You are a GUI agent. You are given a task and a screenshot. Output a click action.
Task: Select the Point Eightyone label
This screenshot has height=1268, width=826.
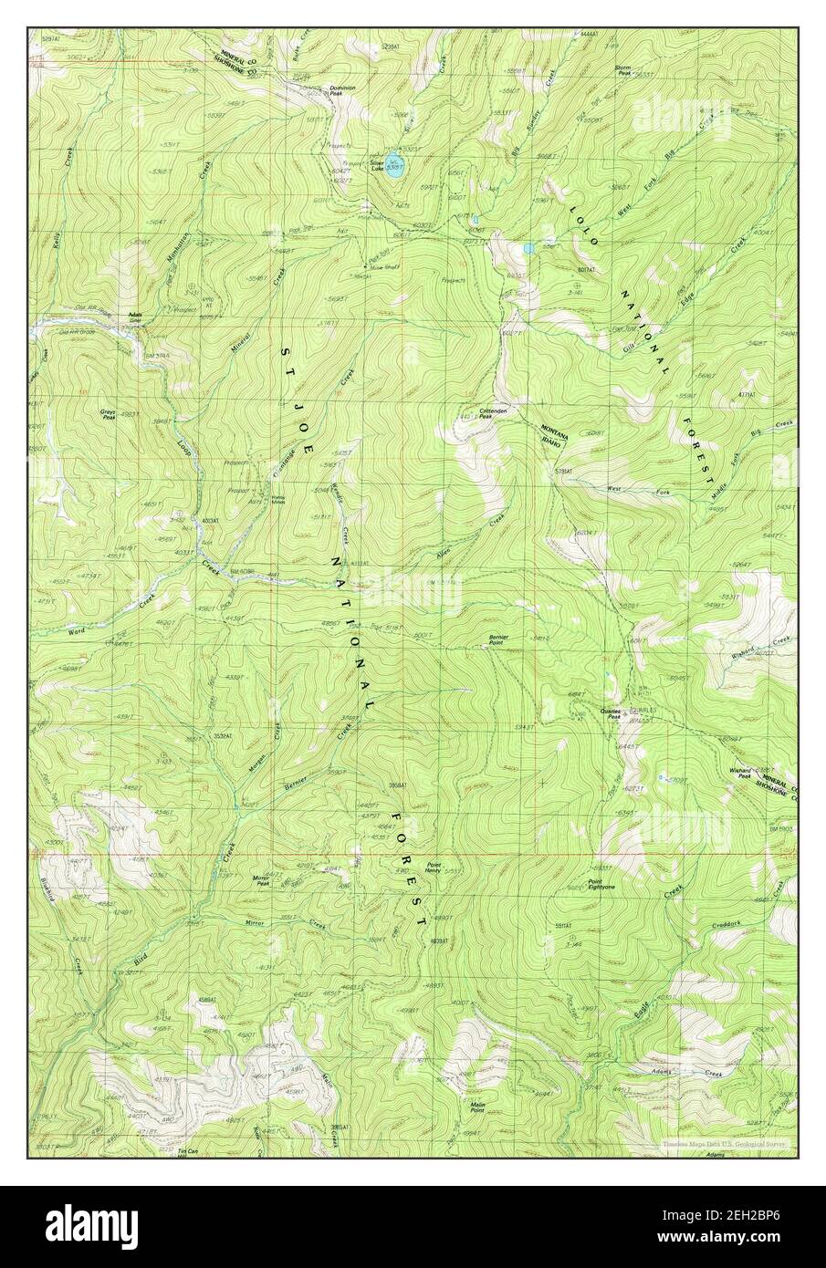[601, 884]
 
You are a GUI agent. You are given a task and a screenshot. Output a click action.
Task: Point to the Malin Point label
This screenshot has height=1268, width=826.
[476, 1107]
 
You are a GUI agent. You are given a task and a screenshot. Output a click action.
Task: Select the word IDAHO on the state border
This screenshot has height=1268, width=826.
[555, 438]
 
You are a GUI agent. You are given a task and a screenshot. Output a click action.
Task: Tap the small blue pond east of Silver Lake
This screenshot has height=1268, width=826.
[528, 247]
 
